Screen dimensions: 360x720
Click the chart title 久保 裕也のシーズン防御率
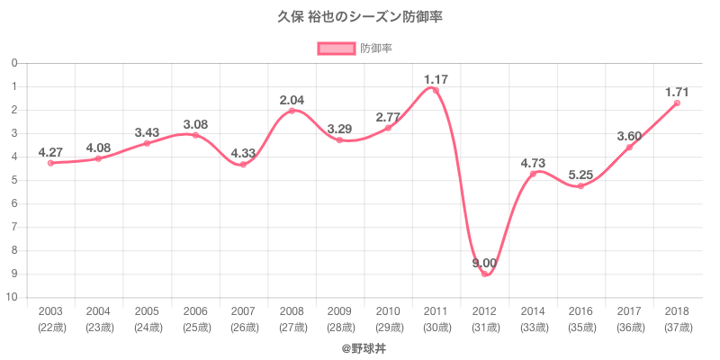(360, 17)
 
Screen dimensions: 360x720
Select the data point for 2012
(484, 274)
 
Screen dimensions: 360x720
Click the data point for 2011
(436, 90)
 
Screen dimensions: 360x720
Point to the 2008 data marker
(292, 111)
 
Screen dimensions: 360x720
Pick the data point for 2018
(677, 103)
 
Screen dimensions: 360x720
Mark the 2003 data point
(50, 163)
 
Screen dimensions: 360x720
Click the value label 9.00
(484, 263)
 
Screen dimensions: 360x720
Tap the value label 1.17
(436, 79)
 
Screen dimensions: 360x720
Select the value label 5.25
(580, 175)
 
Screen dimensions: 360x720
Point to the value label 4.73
(533, 163)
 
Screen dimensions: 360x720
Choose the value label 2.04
(292, 100)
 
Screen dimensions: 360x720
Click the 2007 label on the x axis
(243, 311)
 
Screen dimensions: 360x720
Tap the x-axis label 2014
(533, 311)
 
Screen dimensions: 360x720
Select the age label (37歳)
(677, 327)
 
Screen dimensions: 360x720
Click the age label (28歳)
(339, 327)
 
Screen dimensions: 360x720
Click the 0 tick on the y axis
(14, 63)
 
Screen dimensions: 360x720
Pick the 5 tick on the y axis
(14, 180)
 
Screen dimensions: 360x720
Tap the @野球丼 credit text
(360, 346)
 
